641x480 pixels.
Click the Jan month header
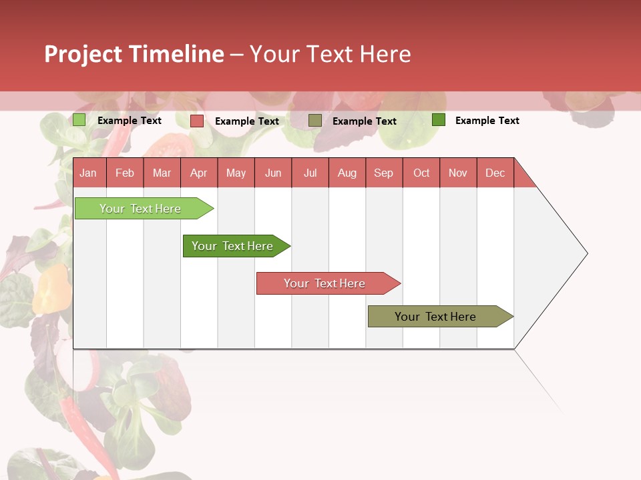pos(88,173)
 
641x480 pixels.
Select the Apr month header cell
pos(198,173)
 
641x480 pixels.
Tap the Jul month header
pos(310,173)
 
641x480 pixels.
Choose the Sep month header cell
pos(383,173)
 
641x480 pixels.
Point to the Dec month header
pos(495,173)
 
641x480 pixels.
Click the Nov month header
pos(457,173)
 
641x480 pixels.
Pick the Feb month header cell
pos(125,173)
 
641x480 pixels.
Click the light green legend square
pos(79,120)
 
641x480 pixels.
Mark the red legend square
pos(197,121)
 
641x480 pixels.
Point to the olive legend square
pos(315,120)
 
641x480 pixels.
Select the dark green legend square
pos(439,119)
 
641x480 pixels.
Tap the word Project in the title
pos(83,54)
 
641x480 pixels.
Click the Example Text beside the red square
pos(247,121)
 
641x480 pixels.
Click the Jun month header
pos(273,173)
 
